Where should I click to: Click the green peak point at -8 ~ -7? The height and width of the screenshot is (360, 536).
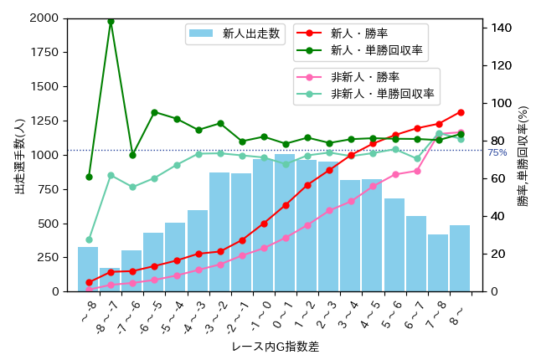coord(111,21)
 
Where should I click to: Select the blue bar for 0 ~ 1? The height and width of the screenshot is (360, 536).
coord(285,223)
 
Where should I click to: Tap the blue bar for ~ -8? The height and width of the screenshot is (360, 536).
coord(88,269)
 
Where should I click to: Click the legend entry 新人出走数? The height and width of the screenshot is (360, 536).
coord(235,34)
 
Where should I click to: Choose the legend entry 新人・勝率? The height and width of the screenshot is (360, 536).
coord(360,33)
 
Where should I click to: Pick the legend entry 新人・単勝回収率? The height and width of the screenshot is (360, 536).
coord(360,51)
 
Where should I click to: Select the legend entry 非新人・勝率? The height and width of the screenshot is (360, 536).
coord(360,77)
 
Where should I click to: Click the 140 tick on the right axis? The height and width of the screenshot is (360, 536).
coord(499,28)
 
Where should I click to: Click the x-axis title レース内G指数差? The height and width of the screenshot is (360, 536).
coord(275,346)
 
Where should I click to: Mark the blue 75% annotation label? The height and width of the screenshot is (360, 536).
coord(497,153)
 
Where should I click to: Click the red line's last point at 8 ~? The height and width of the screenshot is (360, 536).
coord(461,112)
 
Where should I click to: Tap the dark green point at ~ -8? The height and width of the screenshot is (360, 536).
coord(89,177)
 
